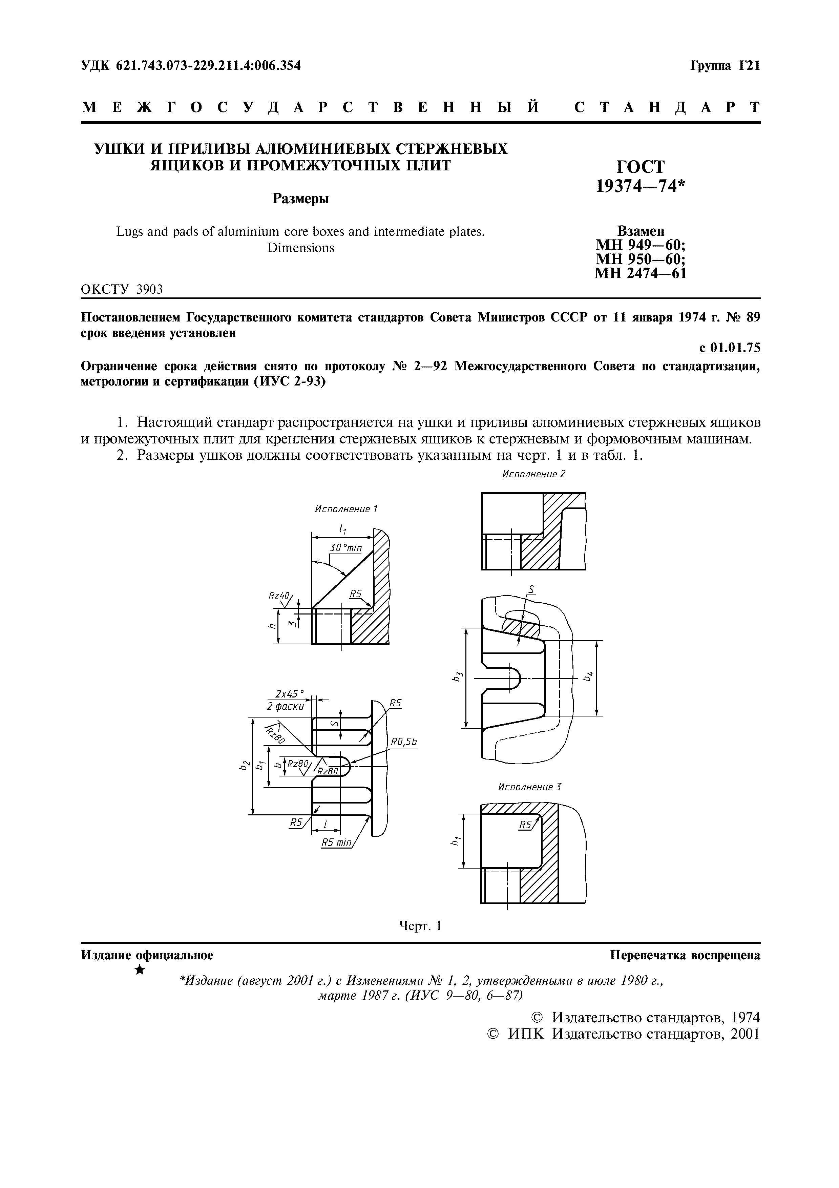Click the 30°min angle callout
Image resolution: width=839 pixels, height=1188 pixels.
345,547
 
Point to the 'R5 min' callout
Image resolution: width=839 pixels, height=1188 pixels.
336,843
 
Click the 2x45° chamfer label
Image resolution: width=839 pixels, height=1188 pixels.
290,694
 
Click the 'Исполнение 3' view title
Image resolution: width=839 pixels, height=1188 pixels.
529,787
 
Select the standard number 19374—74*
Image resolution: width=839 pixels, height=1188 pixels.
641,186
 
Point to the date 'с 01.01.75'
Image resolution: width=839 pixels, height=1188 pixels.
730,348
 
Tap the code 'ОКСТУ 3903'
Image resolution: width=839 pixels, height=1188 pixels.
122,290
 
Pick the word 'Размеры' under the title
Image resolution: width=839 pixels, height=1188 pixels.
301,199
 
